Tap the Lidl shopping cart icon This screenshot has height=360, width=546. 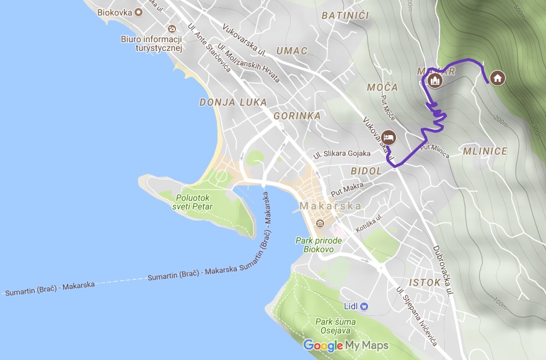coord(364,306)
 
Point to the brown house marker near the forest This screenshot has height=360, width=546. coord(496,77)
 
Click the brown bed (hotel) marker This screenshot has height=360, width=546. coord(389,137)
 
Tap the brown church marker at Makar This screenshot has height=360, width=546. coord(435,81)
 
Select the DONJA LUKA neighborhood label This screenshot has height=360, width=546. coord(233,102)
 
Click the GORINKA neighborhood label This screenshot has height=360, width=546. coord(297,116)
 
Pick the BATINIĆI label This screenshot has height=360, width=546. coord(345,14)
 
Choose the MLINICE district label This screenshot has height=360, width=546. coord(485,151)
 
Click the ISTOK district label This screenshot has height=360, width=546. coord(425,283)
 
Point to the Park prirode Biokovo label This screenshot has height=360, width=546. coord(315,244)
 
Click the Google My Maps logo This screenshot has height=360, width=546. coord(345,345)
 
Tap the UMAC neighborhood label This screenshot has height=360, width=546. coord(292,51)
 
